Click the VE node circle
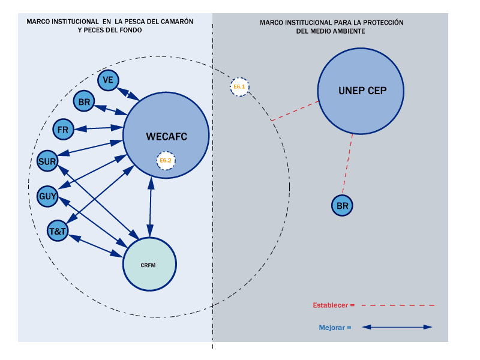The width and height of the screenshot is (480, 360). coord(108,80)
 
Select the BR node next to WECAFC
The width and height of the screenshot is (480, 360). coord(84,102)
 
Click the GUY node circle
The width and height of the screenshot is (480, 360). coord(47,196)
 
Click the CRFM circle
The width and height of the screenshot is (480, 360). coord(149,264)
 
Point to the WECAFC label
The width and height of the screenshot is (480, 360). coord(166,137)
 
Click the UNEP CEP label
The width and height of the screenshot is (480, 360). coord(362,91)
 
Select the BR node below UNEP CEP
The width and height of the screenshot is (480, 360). coord(343,206)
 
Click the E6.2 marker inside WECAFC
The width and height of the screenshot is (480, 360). coord(166,160)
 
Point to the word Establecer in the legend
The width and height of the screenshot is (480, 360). coord(330,305)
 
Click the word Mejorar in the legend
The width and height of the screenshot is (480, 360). coord(332,328)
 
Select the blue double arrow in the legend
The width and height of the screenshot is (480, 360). coord(397,328)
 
